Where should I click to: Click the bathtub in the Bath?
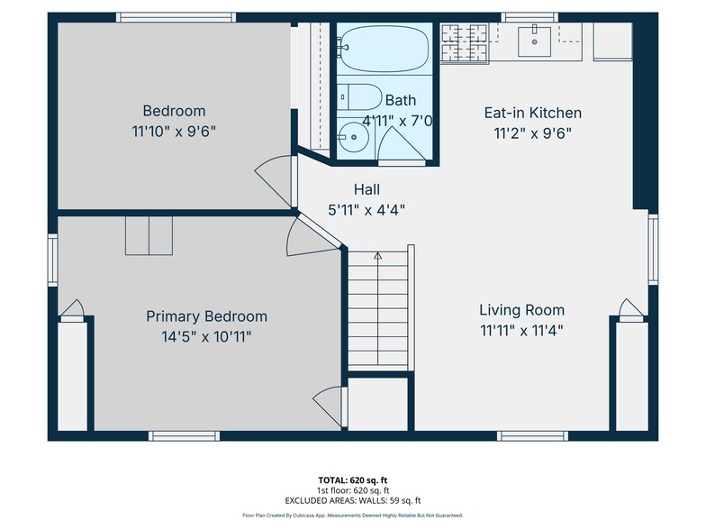(384, 49)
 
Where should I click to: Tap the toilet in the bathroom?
(360, 96)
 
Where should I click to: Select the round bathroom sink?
(354, 137)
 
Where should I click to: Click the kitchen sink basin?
(535, 41)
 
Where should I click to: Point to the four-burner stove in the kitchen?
(465, 43)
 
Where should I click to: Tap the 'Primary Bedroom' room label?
(207, 316)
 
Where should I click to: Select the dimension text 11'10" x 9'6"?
(174, 132)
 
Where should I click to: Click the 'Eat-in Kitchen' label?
(533, 113)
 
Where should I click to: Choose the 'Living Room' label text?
(522, 310)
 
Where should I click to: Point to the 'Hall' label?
(367, 189)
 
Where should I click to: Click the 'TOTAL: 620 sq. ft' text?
(353, 480)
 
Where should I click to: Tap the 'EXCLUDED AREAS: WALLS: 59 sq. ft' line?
(353, 500)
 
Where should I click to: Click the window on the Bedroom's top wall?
(176, 18)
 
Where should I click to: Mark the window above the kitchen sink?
(529, 18)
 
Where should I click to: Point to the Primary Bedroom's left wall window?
(52, 260)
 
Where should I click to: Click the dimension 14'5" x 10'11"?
(207, 337)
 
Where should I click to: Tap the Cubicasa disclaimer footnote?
(353, 516)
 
